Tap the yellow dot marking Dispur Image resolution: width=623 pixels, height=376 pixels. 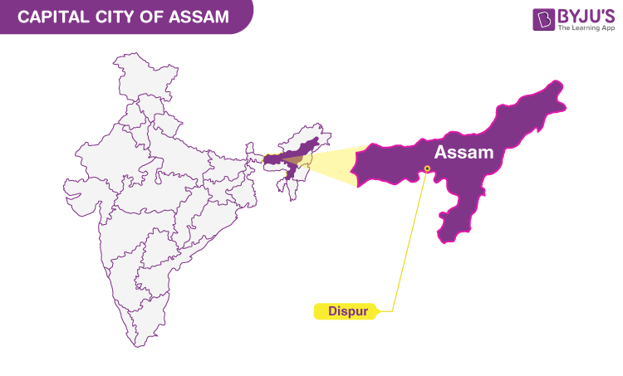[x=427, y=168]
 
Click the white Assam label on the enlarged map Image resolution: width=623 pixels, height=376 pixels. [x=464, y=153]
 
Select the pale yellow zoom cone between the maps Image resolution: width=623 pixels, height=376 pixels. [x=332, y=163]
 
